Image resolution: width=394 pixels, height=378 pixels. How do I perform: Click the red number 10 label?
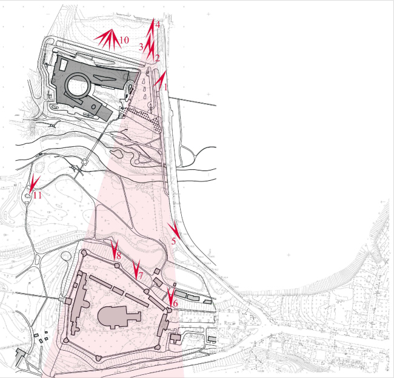click(x=124, y=40)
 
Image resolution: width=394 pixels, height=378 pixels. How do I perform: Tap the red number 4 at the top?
click(x=158, y=25)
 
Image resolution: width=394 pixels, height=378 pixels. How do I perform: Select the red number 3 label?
click(x=141, y=46)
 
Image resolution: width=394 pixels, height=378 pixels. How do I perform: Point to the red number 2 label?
click(x=157, y=58)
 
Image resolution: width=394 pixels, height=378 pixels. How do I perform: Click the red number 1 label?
click(x=164, y=87)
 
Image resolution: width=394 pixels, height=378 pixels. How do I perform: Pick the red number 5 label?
click(x=173, y=241)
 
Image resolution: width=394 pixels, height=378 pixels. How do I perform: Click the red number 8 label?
click(x=119, y=257)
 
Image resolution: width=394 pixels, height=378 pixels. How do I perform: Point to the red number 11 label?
click(x=38, y=195)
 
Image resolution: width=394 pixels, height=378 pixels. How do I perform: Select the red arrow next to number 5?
click(x=175, y=229)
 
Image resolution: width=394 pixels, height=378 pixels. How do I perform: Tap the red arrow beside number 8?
click(x=113, y=248)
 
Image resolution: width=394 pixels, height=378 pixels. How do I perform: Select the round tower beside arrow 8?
click(x=116, y=265)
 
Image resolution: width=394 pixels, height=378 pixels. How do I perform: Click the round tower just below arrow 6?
click(x=169, y=310)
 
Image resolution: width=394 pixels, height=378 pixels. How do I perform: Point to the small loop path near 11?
click(x=28, y=195)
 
